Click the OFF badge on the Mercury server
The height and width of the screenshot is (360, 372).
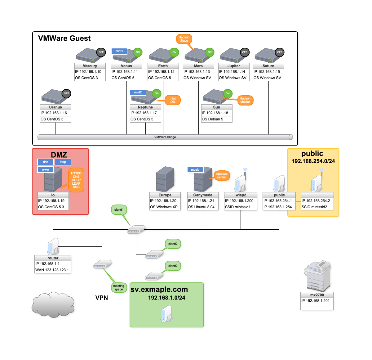point(101,52)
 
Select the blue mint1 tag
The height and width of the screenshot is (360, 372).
point(119,51)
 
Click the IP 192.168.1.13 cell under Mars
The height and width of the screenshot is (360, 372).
point(198,71)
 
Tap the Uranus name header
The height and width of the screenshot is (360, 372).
point(55,107)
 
